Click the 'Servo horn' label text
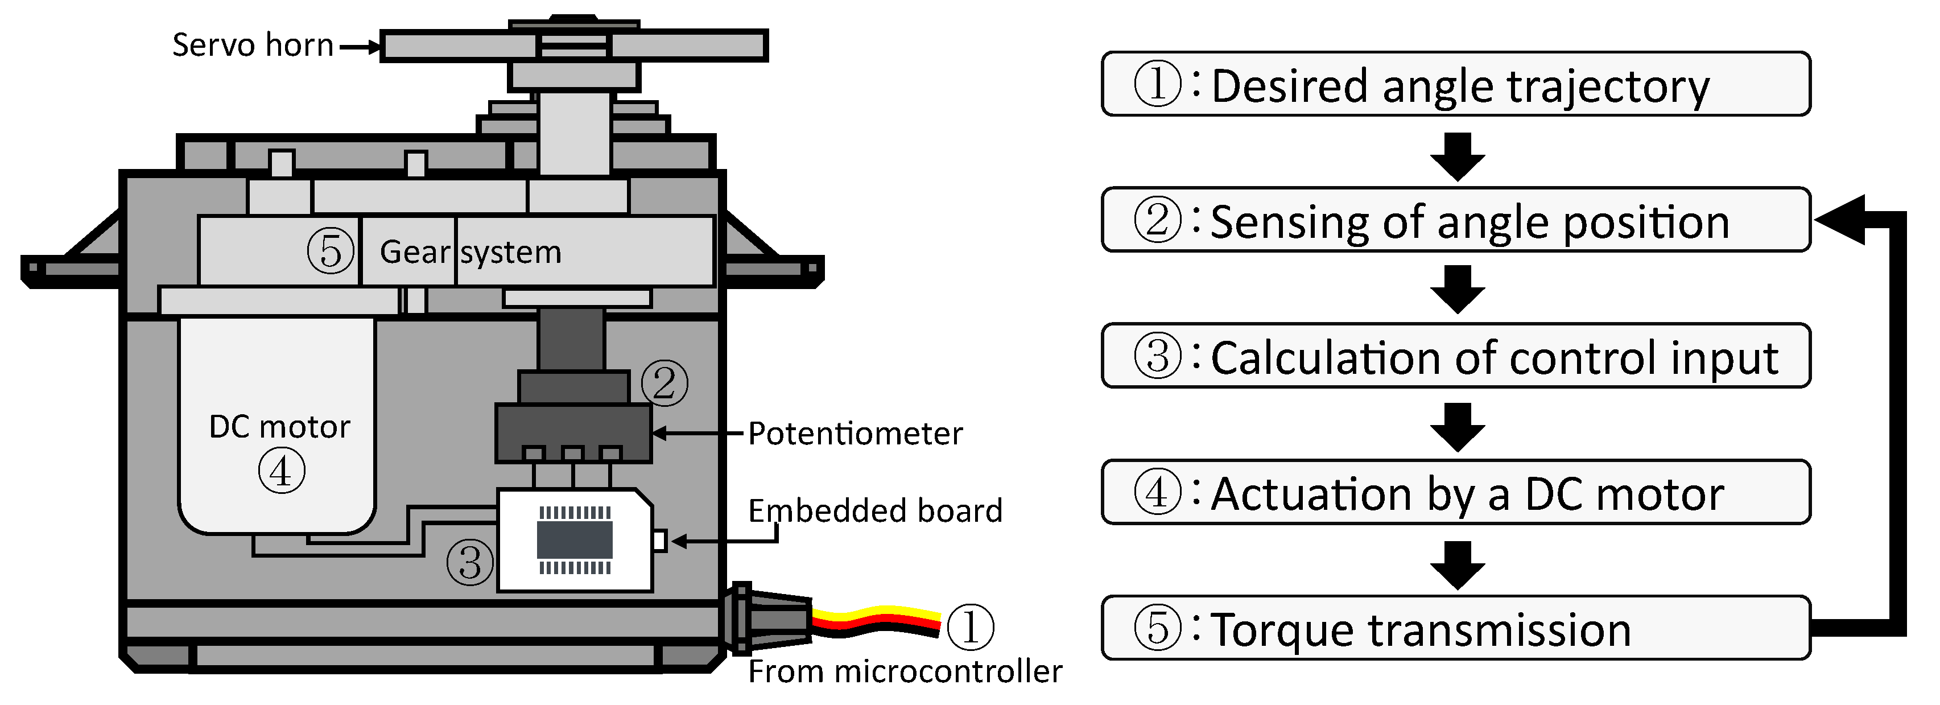(252, 45)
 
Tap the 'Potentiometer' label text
(855, 434)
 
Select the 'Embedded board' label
(874, 510)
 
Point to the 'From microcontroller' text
(905, 671)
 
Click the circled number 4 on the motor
(282, 472)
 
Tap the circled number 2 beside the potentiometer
(664, 384)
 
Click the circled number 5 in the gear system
(331, 251)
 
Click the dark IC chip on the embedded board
(575, 540)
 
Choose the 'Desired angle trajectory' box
(1455, 84)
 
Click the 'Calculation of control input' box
(1455, 356)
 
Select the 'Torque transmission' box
(1455, 628)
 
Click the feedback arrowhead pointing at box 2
(1838, 219)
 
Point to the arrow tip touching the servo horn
(376, 47)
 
